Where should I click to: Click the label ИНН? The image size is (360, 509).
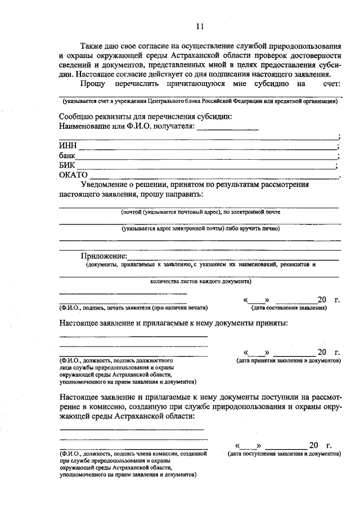tap(68, 146)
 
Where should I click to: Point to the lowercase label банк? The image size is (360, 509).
tap(67, 155)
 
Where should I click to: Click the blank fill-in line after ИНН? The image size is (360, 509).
tap(208, 148)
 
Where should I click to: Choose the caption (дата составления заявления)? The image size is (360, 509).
tap(289, 308)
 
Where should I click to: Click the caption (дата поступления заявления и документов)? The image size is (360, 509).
tap(284, 453)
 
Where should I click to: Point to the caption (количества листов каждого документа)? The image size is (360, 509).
tap(200, 281)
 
